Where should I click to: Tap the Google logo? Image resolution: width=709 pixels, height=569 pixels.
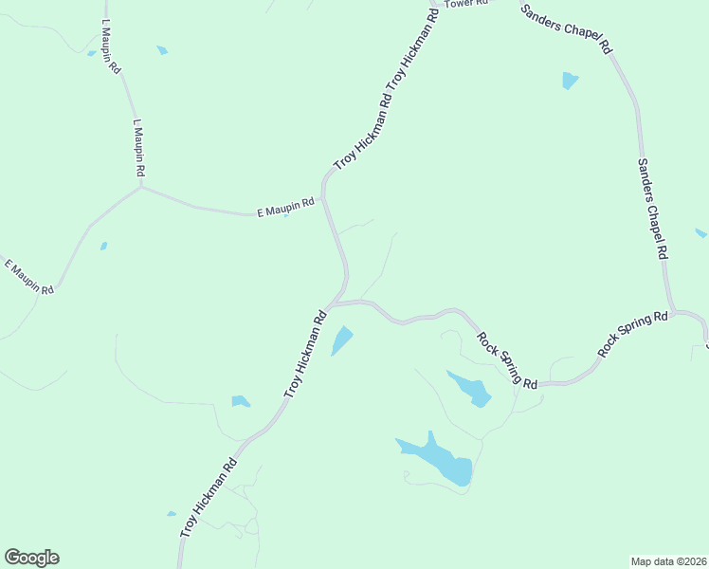pos(31,558)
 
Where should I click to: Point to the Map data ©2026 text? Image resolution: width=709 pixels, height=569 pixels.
pos(669,560)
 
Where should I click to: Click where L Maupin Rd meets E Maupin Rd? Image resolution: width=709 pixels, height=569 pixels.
pos(141,187)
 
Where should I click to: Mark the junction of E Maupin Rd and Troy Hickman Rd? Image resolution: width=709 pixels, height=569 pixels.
pos(323,197)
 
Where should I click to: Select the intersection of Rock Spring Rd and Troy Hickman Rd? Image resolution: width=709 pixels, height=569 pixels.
pos(331,304)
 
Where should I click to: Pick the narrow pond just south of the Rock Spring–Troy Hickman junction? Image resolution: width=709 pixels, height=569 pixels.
pos(341,340)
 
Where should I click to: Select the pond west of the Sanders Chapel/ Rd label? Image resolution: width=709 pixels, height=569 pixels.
pos(569,80)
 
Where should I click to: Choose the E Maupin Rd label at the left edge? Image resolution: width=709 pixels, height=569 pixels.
pos(29,276)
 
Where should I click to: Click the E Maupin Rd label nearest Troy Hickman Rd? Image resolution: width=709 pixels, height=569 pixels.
pos(285,208)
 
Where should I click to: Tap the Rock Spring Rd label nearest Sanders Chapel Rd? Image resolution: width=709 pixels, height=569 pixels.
pos(632,335)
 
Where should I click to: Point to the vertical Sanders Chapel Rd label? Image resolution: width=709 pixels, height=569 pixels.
pos(652,209)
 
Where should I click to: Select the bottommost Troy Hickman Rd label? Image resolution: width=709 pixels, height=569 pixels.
pos(208,500)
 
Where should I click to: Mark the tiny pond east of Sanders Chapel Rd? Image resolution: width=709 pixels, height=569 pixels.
pos(700,232)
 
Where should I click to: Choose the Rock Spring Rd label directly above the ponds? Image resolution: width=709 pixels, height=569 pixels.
pos(507,359)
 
